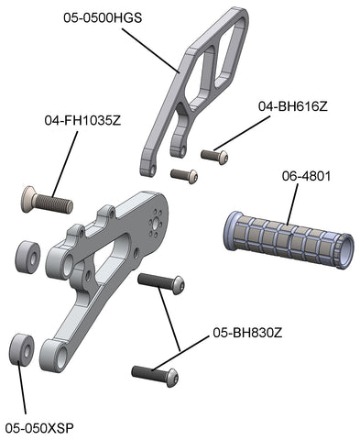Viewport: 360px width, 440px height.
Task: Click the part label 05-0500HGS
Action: coord(103,17)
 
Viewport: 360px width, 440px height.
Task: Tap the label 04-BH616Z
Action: coord(293,106)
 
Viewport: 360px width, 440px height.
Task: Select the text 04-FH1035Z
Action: coord(82,120)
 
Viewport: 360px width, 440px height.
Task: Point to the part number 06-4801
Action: coord(306,176)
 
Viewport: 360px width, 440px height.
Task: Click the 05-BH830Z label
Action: coord(247,333)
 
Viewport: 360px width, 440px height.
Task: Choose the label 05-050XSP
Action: coord(39,428)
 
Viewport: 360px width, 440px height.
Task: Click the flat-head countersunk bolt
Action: coord(48,200)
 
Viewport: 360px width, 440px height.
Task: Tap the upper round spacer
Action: coord(27,256)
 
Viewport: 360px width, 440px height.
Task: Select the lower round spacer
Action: coord(21,349)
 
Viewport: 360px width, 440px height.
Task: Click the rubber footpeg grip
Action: coord(289,240)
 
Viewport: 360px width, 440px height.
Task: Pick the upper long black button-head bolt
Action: coord(161,283)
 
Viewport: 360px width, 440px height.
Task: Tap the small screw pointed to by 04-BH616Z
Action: coord(214,157)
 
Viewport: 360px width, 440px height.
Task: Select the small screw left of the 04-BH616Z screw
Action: coord(184,176)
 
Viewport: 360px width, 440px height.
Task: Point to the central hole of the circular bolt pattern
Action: coord(158,225)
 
